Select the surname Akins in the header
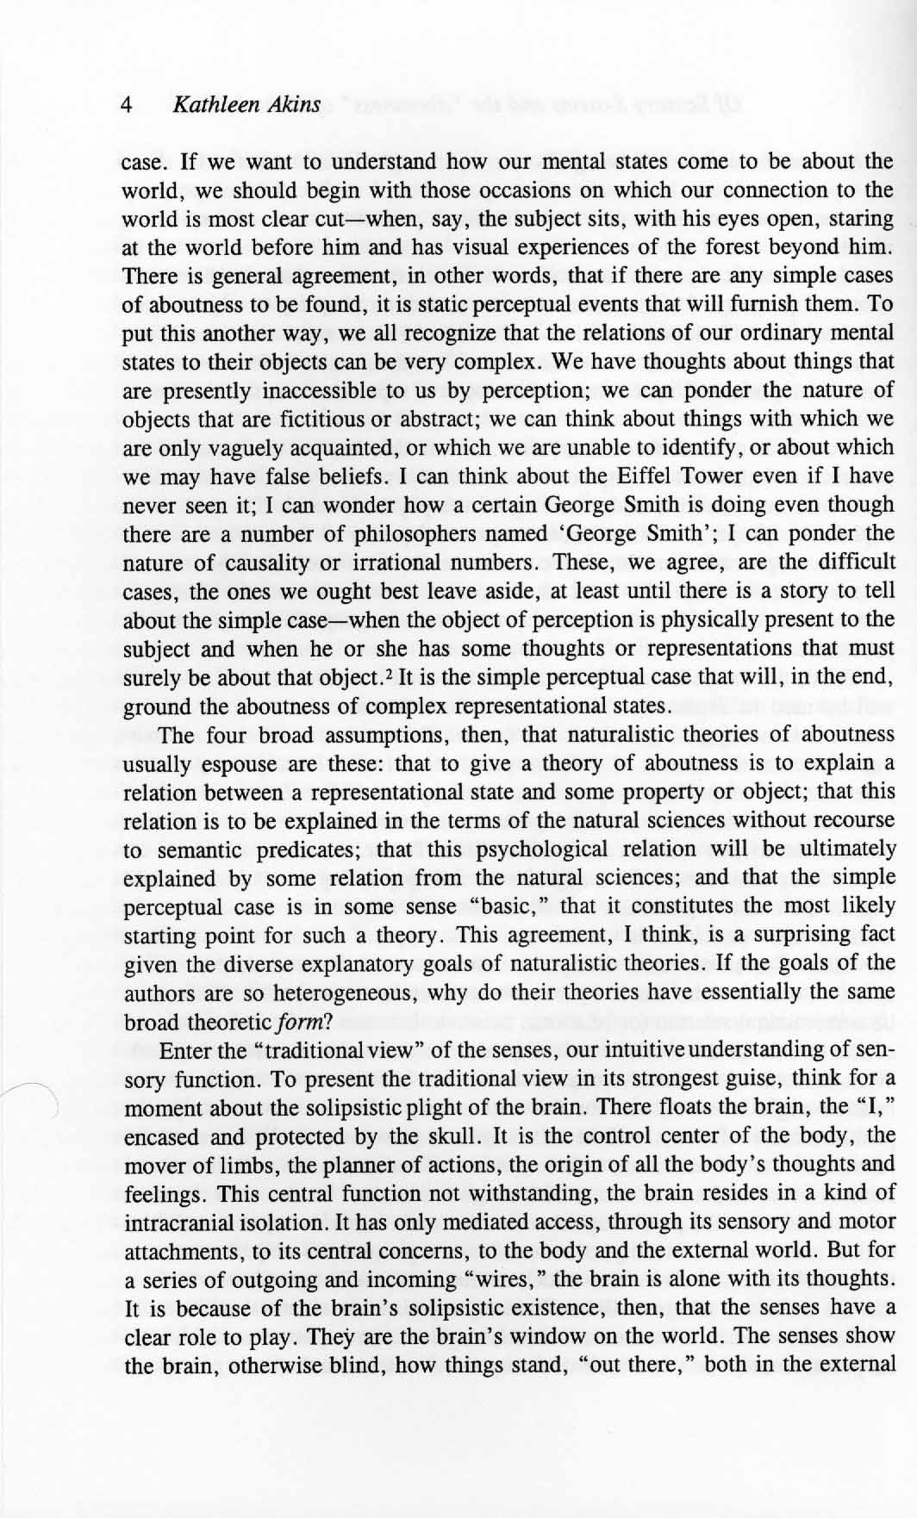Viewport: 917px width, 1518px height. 291,106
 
